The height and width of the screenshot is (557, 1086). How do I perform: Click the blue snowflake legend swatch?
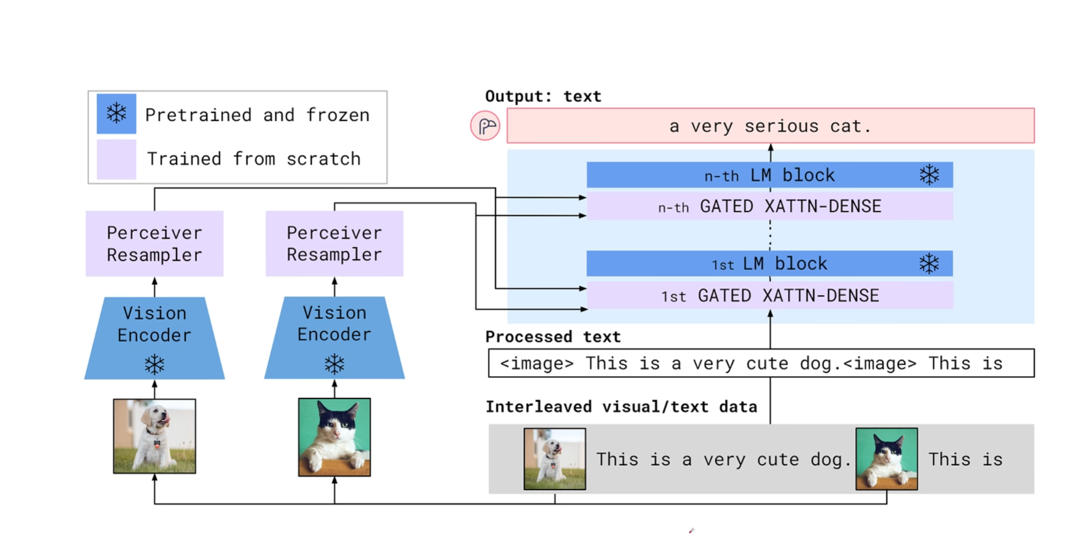click(x=116, y=114)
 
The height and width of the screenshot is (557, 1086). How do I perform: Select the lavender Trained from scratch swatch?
click(x=116, y=159)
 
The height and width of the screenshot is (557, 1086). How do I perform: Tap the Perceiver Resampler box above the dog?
click(x=154, y=244)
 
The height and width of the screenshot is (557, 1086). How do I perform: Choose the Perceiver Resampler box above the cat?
click(x=334, y=244)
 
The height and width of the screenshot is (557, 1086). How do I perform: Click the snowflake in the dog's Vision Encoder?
click(x=154, y=365)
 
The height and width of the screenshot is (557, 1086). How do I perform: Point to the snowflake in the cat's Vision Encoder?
click(x=334, y=364)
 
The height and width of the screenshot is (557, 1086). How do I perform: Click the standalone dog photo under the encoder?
click(x=154, y=436)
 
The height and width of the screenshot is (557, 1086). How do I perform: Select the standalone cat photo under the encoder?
click(x=334, y=437)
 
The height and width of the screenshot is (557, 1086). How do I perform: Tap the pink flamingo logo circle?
click(x=485, y=126)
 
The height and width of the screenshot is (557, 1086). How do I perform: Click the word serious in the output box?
click(x=781, y=126)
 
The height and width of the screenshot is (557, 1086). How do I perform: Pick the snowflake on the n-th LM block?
click(x=929, y=175)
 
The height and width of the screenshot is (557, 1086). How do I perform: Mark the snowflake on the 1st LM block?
click(x=929, y=263)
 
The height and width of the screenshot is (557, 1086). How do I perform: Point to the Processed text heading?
click(x=553, y=337)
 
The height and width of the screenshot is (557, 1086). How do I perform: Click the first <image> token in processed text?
click(x=536, y=363)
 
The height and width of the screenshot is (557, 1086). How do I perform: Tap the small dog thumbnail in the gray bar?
click(x=555, y=459)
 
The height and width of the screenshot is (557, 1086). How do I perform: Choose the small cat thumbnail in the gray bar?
click(x=887, y=459)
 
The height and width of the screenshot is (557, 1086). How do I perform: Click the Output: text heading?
click(x=542, y=96)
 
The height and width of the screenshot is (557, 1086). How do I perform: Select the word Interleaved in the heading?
click(x=538, y=406)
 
